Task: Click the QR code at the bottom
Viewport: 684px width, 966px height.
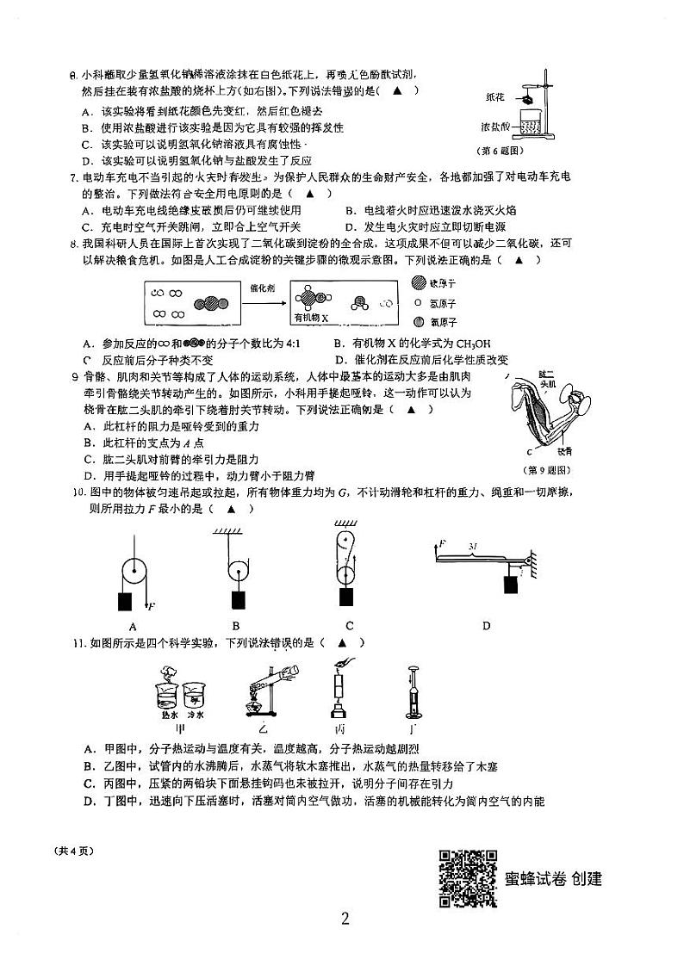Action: (468, 877)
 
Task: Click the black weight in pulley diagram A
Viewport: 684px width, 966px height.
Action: (126, 601)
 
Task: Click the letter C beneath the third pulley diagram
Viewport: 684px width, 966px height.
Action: (349, 626)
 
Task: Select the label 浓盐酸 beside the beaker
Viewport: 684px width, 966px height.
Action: (498, 128)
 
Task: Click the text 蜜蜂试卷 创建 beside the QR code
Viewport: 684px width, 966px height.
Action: (553, 878)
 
